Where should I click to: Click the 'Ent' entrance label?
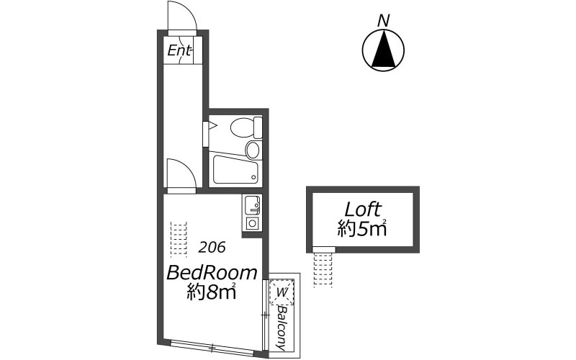(x=179, y=50)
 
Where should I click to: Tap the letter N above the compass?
(x=383, y=21)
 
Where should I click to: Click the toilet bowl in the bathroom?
(x=241, y=127)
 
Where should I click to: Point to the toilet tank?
(x=258, y=127)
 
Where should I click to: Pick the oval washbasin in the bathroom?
(x=253, y=150)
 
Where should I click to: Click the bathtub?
(x=235, y=170)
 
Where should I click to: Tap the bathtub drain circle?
(x=253, y=177)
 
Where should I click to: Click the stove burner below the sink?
(x=252, y=223)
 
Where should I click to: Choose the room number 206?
(x=212, y=248)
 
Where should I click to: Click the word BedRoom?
(x=212, y=273)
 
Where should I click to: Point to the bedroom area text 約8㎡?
(x=210, y=292)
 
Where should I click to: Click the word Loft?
(x=363, y=210)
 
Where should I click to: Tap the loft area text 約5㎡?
(x=363, y=229)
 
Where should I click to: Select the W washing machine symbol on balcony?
(x=282, y=292)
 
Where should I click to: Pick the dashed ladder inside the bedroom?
(x=179, y=240)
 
